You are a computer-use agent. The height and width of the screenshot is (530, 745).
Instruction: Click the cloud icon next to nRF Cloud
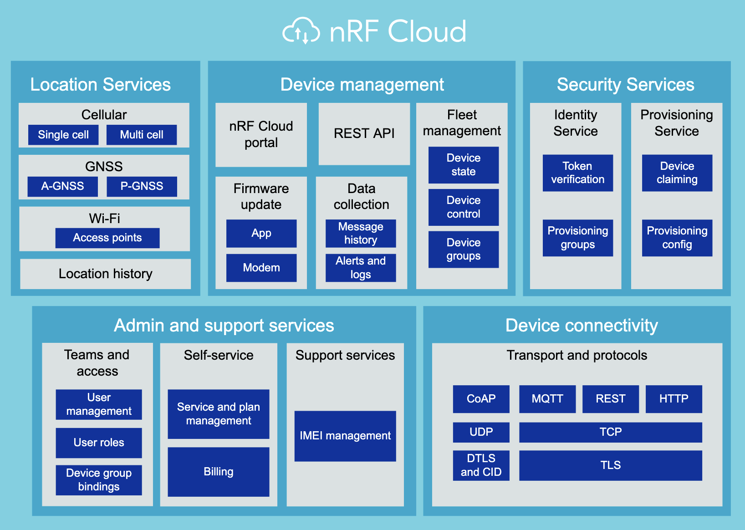pos(301,31)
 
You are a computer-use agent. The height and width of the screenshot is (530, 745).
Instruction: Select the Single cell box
pos(63,135)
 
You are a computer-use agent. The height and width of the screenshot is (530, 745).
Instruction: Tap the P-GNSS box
pos(142,186)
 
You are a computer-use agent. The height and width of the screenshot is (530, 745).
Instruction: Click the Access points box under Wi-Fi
pos(107,238)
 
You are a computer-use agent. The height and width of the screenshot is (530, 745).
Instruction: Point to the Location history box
pos(105,274)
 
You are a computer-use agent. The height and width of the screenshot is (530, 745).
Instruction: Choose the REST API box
pos(364,133)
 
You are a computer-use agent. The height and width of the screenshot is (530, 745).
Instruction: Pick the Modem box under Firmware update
pos(261,268)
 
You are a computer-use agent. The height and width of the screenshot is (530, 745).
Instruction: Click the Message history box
pos(361,234)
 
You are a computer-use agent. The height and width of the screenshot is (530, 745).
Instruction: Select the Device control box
pos(464,207)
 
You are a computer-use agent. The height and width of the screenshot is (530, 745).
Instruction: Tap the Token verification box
pos(577,173)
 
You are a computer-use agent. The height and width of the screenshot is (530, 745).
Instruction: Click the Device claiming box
pos(677,173)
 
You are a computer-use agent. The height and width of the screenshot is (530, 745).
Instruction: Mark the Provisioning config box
pos(677,238)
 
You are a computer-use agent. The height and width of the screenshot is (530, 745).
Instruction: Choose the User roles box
pos(99,443)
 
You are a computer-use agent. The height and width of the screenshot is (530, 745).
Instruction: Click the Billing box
pos(219,472)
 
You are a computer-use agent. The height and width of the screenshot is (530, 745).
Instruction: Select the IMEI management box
pos(345,436)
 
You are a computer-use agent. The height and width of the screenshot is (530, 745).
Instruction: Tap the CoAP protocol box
pos(481,399)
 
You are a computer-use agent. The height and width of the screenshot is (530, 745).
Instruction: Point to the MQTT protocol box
pos(547,399)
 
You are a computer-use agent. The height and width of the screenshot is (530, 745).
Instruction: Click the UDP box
pos(481,432)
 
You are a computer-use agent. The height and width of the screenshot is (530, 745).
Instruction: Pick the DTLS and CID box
pos(481,465)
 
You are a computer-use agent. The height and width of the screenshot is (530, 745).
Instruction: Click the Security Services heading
pos(625,85)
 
